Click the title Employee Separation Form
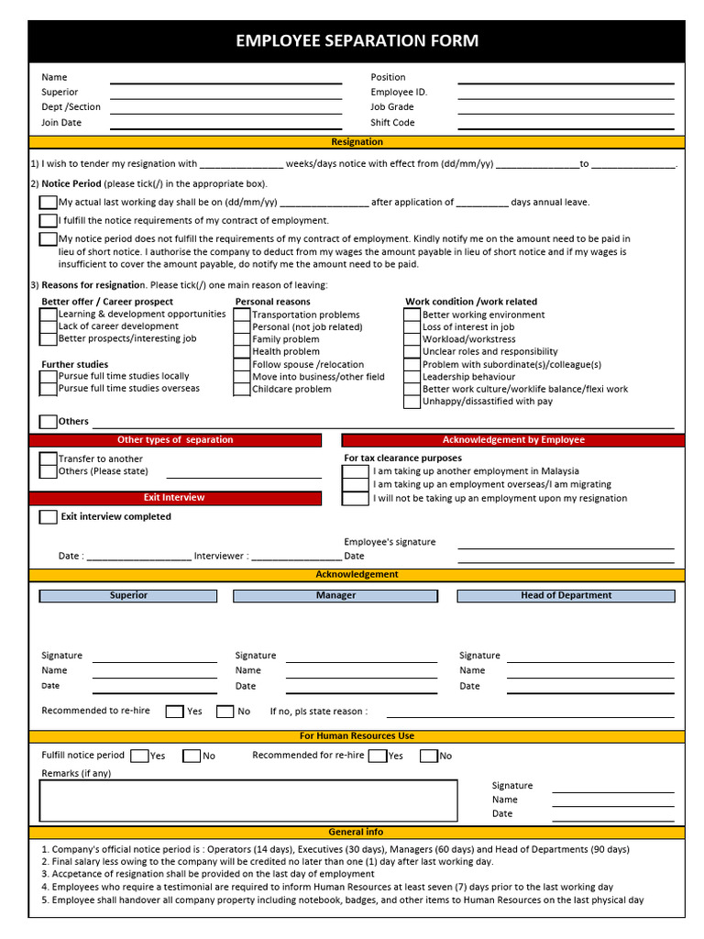tap(357, 41)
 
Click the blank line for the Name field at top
tap(225, 82)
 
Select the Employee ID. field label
tap(399, 93)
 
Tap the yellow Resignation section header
tap(357, 142)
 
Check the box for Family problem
tap(243, 339)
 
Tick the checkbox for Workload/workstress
tap(412, 339)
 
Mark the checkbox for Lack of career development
tap(49, 326)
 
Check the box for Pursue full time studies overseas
tap(49, 389)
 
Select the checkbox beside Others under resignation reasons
tap(49, 422)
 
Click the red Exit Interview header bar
tap(175, 498)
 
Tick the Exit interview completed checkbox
tap(49, 517)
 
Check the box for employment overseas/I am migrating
tap(356, 485)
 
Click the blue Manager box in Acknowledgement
tap(335, 596)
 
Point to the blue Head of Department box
tap(566, 596)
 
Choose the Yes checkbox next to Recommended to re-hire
tap(174, 712)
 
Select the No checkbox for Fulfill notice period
tap(192, 757)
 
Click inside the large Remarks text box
tap(247, 801)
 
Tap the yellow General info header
tap(357, 833)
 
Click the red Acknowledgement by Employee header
tap(513, 440)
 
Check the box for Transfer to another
tap(49, 458)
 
